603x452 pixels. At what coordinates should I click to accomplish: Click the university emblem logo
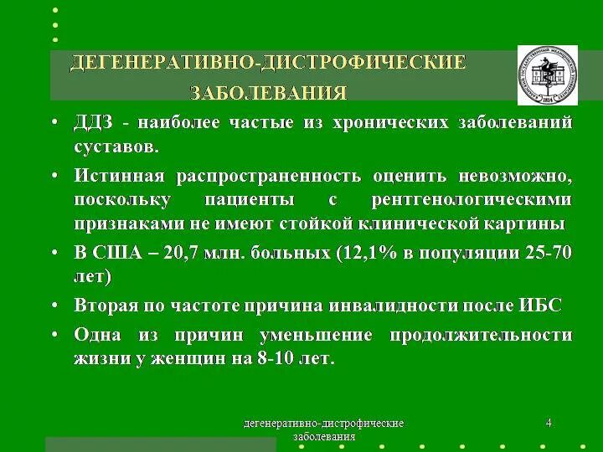point(547,74)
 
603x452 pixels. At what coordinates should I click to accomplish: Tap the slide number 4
point(549,424)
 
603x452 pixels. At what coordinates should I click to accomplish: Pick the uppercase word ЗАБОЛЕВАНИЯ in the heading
point(268,91)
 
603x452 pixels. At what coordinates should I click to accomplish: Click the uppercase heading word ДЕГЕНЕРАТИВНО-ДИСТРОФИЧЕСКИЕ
point(267,63)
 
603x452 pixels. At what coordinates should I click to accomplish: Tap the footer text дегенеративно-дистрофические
point(323,424)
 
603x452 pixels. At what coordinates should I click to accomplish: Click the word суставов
point(115,147)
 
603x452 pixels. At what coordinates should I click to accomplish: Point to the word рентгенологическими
point(471,200)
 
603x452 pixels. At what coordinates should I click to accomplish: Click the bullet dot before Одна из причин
point(54,335)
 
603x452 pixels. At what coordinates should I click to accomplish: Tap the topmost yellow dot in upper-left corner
point(55,10)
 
